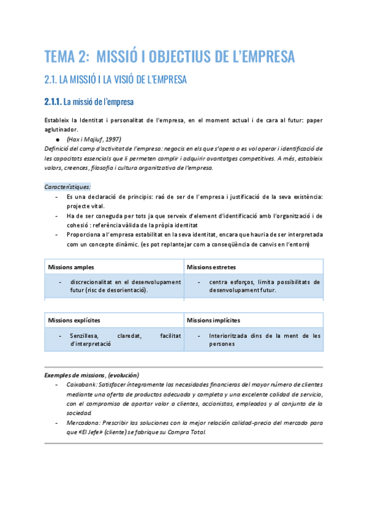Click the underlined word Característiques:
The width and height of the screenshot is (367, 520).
tap(67, 186)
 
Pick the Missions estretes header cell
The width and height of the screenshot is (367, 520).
tap(211, 267)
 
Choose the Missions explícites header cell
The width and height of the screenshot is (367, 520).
tap(74, 320)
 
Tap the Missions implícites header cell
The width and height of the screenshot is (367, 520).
tap(213, 320)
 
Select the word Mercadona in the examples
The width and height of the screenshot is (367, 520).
tap(83, 423)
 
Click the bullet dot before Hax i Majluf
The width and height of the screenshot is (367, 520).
tap(59, 140)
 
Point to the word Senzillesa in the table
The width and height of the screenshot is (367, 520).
tap(85, 335)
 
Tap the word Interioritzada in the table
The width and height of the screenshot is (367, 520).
tap(230, 335)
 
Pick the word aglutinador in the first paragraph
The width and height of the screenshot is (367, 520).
tap(61, 129)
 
